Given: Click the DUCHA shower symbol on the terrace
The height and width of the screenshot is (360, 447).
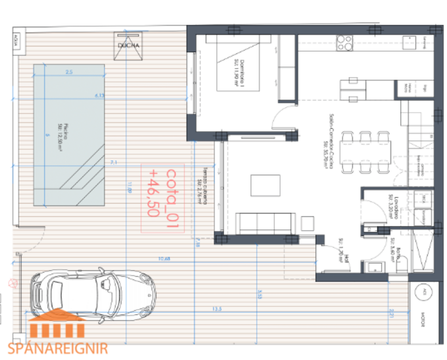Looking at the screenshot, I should point(128,46).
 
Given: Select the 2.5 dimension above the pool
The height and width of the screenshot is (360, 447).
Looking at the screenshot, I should point(69,72).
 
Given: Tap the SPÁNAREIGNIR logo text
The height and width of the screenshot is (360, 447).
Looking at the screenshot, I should point(58,348).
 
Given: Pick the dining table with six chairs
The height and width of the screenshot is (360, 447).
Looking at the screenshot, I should point(366,152).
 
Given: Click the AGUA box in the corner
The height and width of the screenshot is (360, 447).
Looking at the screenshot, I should point(17,42).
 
